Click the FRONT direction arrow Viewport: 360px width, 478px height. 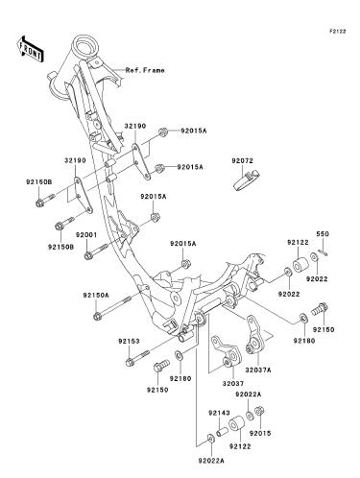pyautogui.click(x=30, y=49)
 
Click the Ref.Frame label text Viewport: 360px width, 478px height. pyautogui.click(x=145, y=70)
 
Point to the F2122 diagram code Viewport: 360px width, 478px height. pyautogui.click(x=338, y=32)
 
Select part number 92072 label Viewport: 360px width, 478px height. pyautogui.click(x=243, y=161)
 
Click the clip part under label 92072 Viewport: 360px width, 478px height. pyautogui.click(x=246, y=180)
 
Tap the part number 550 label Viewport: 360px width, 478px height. pyautogui.click(x=323, y=234)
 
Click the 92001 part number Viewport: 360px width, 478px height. pyautogui.click(x=86, y=235)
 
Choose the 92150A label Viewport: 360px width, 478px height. pyautogui.click(x=96, y=295)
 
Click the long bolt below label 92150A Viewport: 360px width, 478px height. pyautogui.click(x=112, y=307)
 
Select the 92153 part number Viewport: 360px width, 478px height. pyautogui.click(x=129, y=342)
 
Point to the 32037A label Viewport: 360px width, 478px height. pyautogui.click(x=258, y=370)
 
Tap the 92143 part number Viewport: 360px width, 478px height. pyautogui.click(x=219, y=413)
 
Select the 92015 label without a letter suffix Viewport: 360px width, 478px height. pyautogui.click(x=260, y=433)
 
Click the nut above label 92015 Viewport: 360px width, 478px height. pyautogui.click(x=259, y=411)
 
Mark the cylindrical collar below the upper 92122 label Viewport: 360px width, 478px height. pyautogui.click(x=300, y=264)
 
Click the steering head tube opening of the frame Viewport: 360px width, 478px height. pyautogui.click(x=84, y=45)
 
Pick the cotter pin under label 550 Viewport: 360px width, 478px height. pyautogui.click(x=323, y=252)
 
